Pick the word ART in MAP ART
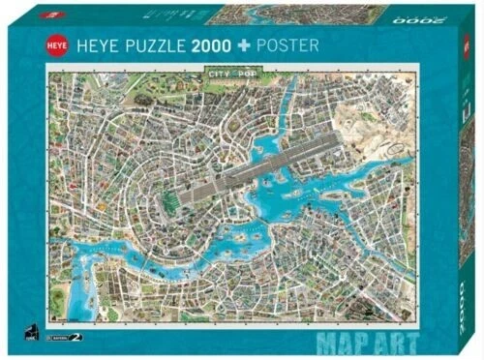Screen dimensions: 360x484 point(397,340)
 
